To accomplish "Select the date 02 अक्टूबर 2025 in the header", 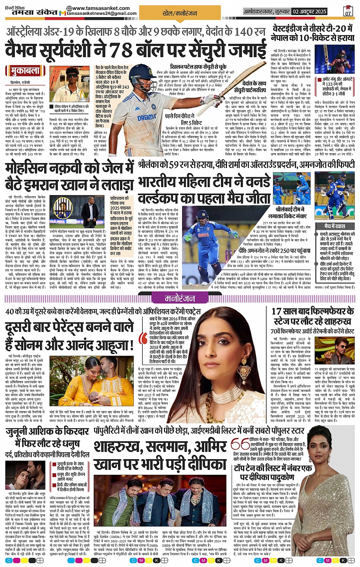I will click(309, 11).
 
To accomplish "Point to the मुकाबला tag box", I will click(22, 71).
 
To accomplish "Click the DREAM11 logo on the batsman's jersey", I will click(147, 117).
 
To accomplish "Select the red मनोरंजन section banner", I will click(179, 298).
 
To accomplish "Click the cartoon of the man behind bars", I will click(63, 208).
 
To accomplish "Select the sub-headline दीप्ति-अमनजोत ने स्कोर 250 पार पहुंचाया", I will click(274, 251).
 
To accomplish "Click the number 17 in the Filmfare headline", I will click(277, 312).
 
